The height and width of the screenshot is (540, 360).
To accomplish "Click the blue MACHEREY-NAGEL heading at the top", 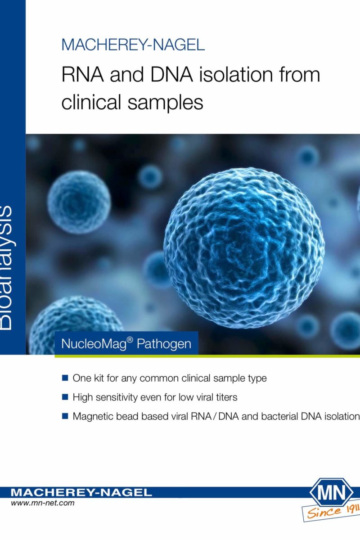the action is click(133, 45).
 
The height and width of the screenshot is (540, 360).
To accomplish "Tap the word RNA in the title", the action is click(83, 75).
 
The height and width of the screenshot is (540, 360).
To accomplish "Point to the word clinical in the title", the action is click(91, 102).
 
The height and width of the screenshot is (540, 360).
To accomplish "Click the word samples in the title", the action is click(166, 103).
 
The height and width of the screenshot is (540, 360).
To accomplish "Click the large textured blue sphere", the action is click(244, 248).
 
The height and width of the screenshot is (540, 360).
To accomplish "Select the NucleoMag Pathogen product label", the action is click(126, 343).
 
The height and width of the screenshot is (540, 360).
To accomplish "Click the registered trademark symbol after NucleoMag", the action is click(130, 340).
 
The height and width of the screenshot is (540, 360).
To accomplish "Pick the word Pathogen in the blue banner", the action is click(164, 344).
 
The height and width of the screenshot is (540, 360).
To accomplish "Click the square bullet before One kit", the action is click(65, 378).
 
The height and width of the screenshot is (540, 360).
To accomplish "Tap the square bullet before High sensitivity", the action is click(65, 397).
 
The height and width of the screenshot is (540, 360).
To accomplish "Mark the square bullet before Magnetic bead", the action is click(65, 416).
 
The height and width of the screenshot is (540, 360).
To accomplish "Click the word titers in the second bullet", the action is click(226, 397).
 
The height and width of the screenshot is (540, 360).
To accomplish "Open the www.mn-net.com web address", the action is click(42, 504).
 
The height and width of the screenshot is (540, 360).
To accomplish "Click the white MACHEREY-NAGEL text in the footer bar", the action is click(81, 492).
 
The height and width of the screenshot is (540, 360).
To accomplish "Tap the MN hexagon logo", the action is click(331, 493).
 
